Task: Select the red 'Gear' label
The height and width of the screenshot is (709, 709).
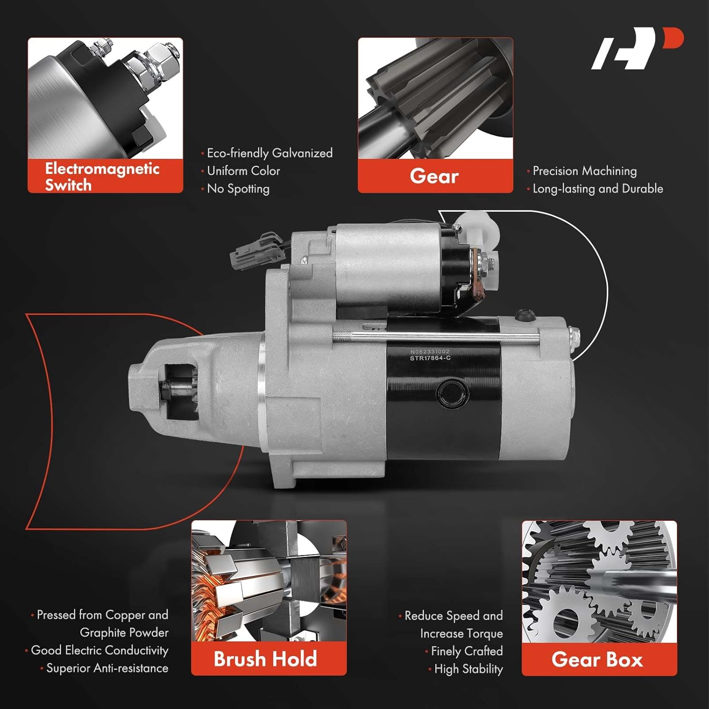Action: pyautogui.click(x=435, y=176)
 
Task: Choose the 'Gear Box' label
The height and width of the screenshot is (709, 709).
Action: pyautogui.click(x=598, y=659)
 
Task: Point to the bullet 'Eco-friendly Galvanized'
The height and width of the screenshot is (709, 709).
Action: pyautogui.click(x=269, y=153)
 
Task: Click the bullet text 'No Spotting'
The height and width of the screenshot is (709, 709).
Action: pyautogui.click(x=238, y=189)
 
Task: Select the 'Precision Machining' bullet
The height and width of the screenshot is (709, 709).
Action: pyautogui.click(x=584, y=171)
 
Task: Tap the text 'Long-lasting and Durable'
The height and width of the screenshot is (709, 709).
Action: pyautogui.click(x=597, y=189)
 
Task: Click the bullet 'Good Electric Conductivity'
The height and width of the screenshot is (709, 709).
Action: pyautogui.click(x=99, y=650)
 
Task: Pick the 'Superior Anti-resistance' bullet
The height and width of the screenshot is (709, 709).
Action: pyautogui.click(x=107, y=668)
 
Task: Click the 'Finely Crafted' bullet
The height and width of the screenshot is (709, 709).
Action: pyautogui.click(x=467, y=651)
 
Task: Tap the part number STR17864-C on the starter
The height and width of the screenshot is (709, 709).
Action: pyautogui.click(x=430, y=358)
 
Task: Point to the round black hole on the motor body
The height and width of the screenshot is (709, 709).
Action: pyautogui.click(x=452, y=392)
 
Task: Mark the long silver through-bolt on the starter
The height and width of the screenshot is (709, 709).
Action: pyautogui.click(x=435, y=336)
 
